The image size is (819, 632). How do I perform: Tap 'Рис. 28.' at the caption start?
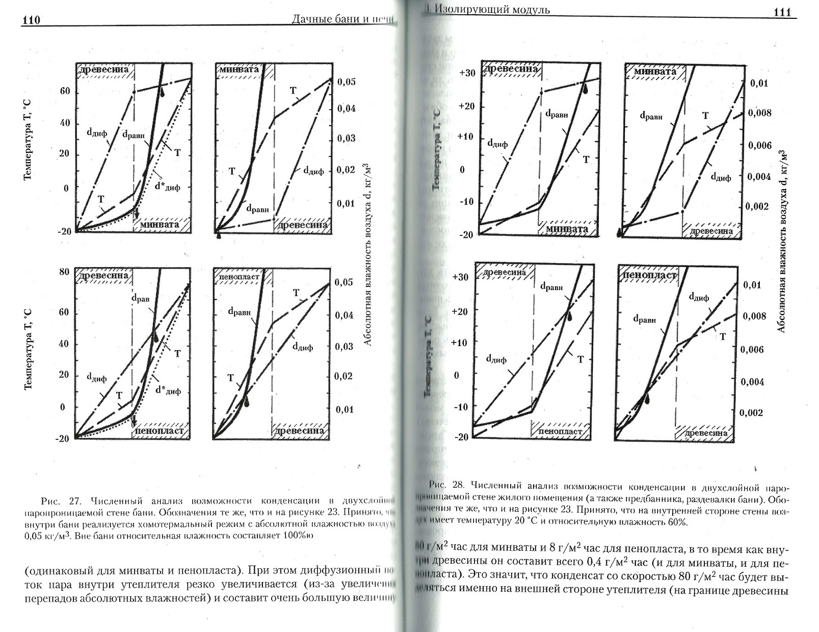[x=445, y=485]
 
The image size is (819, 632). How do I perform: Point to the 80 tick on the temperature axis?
[x=64, y=272]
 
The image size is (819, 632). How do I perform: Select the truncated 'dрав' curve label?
[x=141, y=299]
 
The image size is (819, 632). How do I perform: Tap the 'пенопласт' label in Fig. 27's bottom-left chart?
[x=158, y=431]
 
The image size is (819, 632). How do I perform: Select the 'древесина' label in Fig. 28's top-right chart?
[x=711, y=231]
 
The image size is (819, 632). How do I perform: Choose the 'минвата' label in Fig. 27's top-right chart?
[x=240, y=69]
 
